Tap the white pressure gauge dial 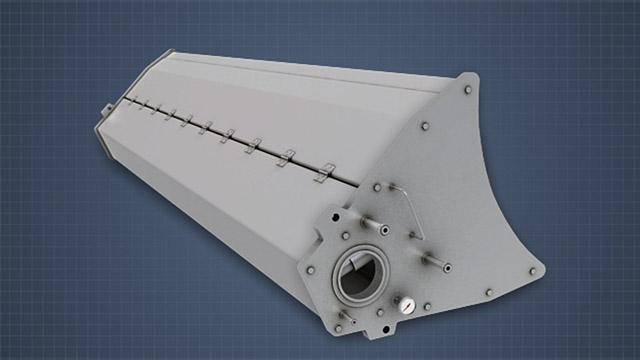(x=407, y=302)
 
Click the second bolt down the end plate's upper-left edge (x=425, y=127)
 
